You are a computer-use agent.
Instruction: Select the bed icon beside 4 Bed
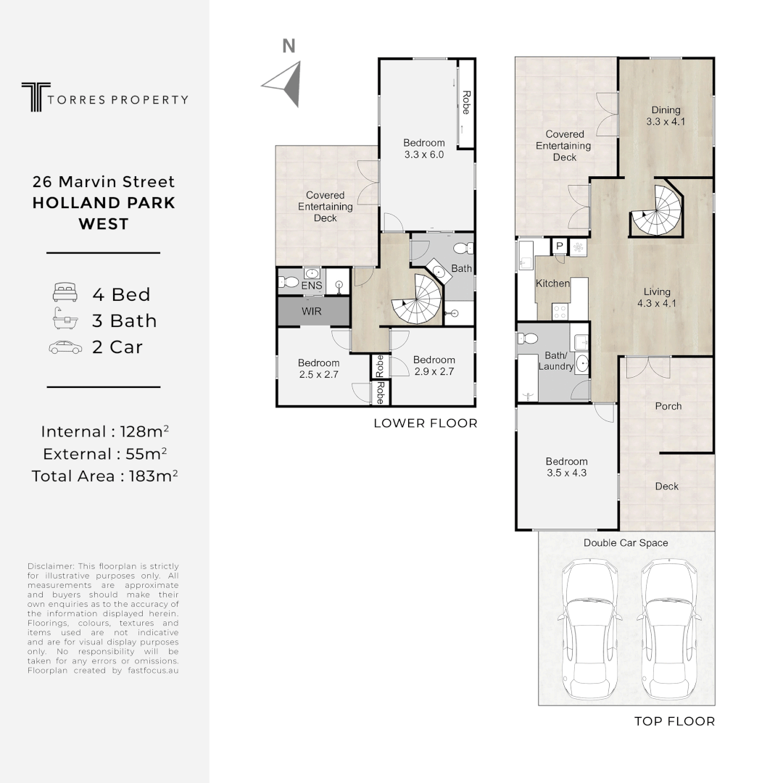[65, 294]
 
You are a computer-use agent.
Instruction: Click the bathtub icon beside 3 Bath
[65, 320]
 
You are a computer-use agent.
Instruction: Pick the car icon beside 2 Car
[65, 347]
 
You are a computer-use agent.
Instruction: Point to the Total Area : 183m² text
[105, 476]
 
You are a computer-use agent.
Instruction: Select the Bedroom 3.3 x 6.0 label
[424, 149]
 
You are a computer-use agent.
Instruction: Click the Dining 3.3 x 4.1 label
[666, 117]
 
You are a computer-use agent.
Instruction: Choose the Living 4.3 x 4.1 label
[656, 298]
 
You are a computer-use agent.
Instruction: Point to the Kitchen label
[552, 283]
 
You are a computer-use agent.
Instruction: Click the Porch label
[668, 406]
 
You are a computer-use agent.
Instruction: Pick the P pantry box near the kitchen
[560, 246]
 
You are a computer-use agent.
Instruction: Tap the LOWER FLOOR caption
[425, 423]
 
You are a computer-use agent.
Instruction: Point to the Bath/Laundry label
[555, 361]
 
